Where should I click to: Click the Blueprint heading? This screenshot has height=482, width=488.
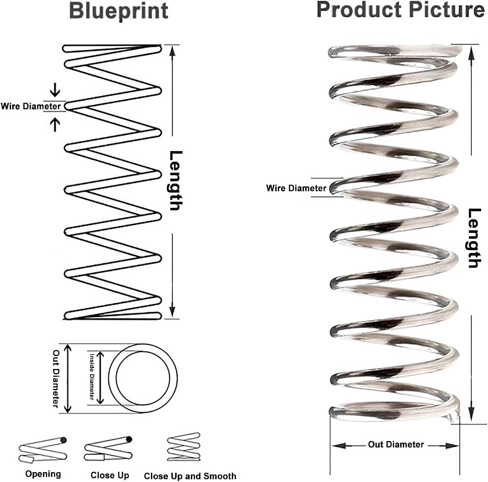pyautogui.click(x=119, y=12)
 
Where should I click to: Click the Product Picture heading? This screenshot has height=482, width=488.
pyautogui.click(x=401, y=10)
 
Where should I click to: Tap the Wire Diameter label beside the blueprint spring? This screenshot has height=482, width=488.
pyautogui.click(x=30, y=106)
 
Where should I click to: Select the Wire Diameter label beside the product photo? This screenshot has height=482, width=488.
pyautogui.click(x=296, y=188)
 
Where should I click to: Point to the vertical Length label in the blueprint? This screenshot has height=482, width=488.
pyautogui.click(x=176, y=180)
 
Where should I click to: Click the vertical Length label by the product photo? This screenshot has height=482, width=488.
pyautogui.click(x=475, y=238)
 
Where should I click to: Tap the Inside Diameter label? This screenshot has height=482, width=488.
pyautogui.click(x=92, y=377)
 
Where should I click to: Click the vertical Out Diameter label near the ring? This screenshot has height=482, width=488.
pyautogui.click(x=56, y=379)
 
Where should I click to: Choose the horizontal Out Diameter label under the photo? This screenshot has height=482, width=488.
pyautogui.click(x=396, y=444)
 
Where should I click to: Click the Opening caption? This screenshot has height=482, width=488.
pyautogui.click(x=43, y=474)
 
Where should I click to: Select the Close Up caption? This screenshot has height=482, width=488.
pyautogui.click(x=109, y=475)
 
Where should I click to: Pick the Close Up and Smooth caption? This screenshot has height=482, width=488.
pyautogui.click(x=190, y=476)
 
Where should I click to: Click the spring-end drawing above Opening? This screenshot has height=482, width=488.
pyautogui.click(x=43, y=450)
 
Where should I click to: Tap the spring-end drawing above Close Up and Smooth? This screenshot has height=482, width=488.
pyautogui.click(x=183, y=447)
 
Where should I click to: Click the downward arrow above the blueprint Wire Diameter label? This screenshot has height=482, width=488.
pyautogui.click(x=55, y=90)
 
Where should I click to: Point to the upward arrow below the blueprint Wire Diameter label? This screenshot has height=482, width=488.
pyautogui.click(x=55, y=124)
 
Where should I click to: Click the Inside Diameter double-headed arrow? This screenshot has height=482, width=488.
pyautogui.click(x=100, y=378)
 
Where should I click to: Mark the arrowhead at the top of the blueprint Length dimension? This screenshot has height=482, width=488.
pyautogui.click(x=172, y=51)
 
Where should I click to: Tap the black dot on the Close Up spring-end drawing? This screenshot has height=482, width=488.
pyautogui.click(x=129, y=440)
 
